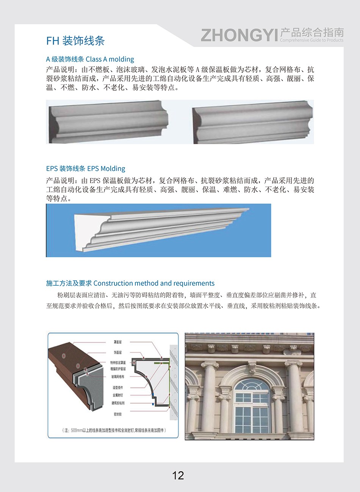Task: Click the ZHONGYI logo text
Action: (239, 35)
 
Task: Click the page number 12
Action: (178, 475)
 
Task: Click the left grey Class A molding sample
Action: (108, 121)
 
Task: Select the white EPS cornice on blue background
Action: (159, 230)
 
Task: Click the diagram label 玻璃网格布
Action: (118, 377)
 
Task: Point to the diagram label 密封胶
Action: (117, 415)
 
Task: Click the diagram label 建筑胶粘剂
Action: (118, 403)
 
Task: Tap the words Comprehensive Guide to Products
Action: (311, 40)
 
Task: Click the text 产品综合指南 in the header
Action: (311, 32)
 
